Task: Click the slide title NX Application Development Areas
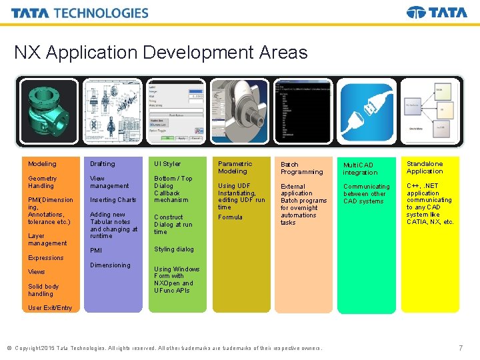point(161,53)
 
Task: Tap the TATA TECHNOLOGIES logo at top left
point(80,13)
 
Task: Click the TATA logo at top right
point(437,13)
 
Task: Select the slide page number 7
point(461,348)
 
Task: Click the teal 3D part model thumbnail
point(49,111)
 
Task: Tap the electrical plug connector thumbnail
point(366,111)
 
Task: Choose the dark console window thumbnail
point(303,111)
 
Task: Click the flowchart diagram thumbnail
point(429,111)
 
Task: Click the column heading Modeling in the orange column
point(42,164)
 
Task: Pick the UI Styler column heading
point(167,164)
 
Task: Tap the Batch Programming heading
point(301,168)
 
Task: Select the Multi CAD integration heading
point(360,169)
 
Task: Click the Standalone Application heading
point(425,167)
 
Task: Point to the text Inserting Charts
point(113,200)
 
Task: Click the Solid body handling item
point(43,290)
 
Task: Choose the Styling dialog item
point(174,249)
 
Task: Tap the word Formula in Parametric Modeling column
point(230,217)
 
